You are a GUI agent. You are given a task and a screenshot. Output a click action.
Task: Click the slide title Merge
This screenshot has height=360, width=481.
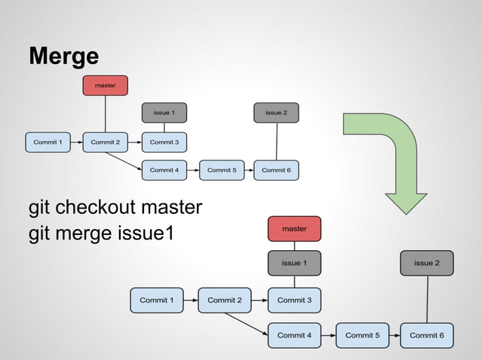coord(63,56)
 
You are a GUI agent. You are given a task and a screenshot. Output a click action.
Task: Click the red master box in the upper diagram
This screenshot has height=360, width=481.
coord(106,86)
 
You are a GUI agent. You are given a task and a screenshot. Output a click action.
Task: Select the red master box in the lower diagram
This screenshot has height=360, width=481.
coord(294,228)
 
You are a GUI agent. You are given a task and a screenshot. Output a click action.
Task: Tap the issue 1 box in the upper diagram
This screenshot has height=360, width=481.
coord(164,113)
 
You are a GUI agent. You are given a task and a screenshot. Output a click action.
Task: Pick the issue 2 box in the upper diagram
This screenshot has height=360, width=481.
coord(276,113)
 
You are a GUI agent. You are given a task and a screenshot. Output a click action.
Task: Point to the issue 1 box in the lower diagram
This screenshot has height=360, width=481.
coord(294,263)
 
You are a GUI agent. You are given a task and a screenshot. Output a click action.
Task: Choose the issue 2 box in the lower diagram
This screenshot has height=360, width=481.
coord(427,263)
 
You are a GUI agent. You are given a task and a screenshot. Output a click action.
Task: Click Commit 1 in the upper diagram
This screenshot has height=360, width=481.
coord(47,142)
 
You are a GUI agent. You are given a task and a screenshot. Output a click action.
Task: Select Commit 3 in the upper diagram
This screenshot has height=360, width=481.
coord(164,142)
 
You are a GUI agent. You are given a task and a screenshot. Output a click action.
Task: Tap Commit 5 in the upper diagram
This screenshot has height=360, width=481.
coord(221,170)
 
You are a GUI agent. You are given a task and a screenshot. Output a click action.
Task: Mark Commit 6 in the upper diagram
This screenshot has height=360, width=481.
coord(276,170)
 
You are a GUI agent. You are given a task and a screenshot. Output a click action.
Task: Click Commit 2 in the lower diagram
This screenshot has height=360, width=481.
coord(225,300)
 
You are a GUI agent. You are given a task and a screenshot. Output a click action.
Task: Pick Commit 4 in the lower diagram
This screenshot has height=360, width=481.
coord(294,335)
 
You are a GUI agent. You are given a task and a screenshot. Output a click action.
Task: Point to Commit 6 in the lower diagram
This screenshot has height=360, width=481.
coord(427,335)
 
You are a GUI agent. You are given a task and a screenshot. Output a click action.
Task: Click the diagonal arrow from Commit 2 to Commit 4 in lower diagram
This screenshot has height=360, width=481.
coord(247,322)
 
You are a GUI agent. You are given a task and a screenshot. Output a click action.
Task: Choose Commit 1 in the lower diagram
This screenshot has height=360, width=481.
coord(157,300)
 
